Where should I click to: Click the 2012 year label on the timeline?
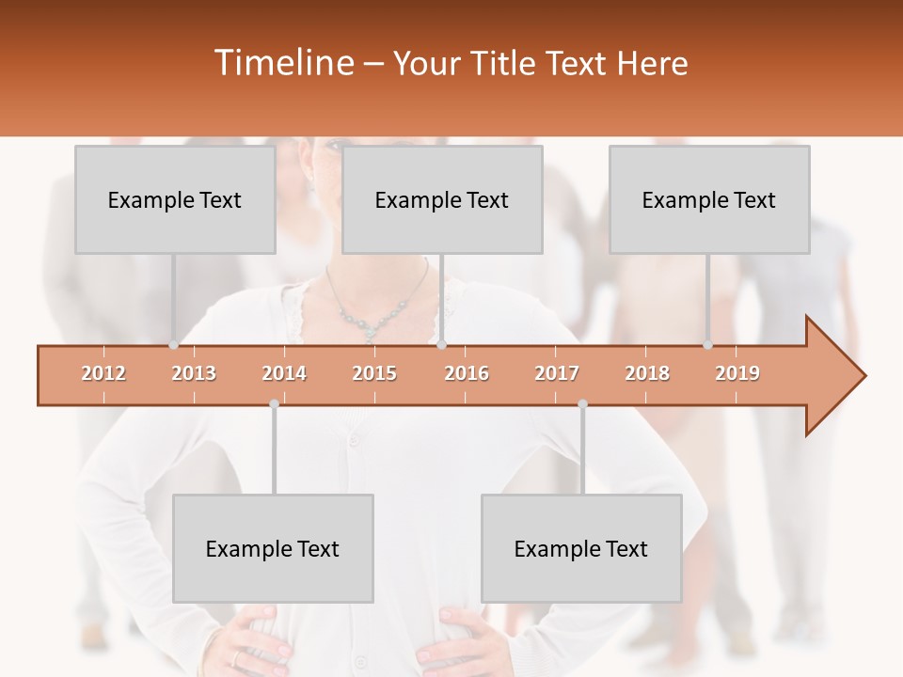click(x=103, y=373)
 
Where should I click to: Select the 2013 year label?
click(x=194, y=373)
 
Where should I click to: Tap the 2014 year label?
click(x=284, y=373)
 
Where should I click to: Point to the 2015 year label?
click(x=374, y=373)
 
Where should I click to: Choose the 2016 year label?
click(x=467, y=373)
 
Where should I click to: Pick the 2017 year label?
click(x=557, y=373)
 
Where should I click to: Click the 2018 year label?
click(x=647, y=373)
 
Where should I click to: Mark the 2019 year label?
click(x=737, y=373)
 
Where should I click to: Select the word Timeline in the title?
click(x=283, y=63)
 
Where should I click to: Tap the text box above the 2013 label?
click(x=175, y=199)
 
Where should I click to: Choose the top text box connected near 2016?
click(x=442, y=199)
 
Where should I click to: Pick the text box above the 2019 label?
click(x=709, y=199)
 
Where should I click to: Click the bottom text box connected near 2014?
click(x=273, y=548)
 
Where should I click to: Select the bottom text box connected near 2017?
click(x=581, y=548)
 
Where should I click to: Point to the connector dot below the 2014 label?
click(x=274, y=403)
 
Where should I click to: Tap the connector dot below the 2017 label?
click(x=582, y=403)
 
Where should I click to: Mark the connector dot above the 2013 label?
click(x=173, y=345)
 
